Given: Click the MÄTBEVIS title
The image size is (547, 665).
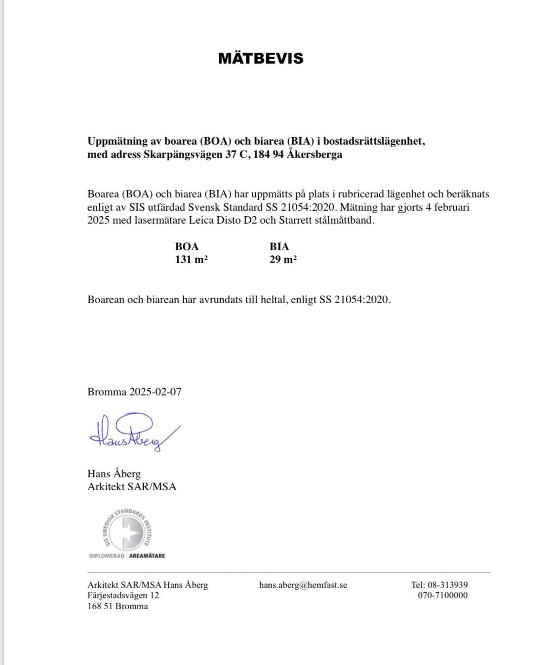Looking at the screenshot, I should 261,58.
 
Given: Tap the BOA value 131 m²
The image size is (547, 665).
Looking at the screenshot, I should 191,260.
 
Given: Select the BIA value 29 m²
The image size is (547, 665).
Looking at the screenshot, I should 283,260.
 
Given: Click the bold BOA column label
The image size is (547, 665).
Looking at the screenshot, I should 187,246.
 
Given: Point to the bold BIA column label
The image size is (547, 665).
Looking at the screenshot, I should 279,246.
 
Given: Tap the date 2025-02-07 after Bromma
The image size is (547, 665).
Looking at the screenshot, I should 155,392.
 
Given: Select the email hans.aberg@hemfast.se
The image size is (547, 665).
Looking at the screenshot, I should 303,585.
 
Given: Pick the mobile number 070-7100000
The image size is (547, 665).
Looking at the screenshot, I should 442,595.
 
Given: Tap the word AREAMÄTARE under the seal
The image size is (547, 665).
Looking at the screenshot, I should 147,556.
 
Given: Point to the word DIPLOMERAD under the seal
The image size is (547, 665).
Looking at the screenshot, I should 107,556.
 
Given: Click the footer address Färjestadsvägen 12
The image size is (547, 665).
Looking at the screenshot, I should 123,595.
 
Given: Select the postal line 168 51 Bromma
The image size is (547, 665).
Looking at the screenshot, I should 117,606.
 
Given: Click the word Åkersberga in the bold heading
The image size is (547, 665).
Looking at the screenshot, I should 314,154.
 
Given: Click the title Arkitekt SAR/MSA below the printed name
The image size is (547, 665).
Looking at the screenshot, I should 132,487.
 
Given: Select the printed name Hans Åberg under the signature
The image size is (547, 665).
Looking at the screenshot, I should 114,473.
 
